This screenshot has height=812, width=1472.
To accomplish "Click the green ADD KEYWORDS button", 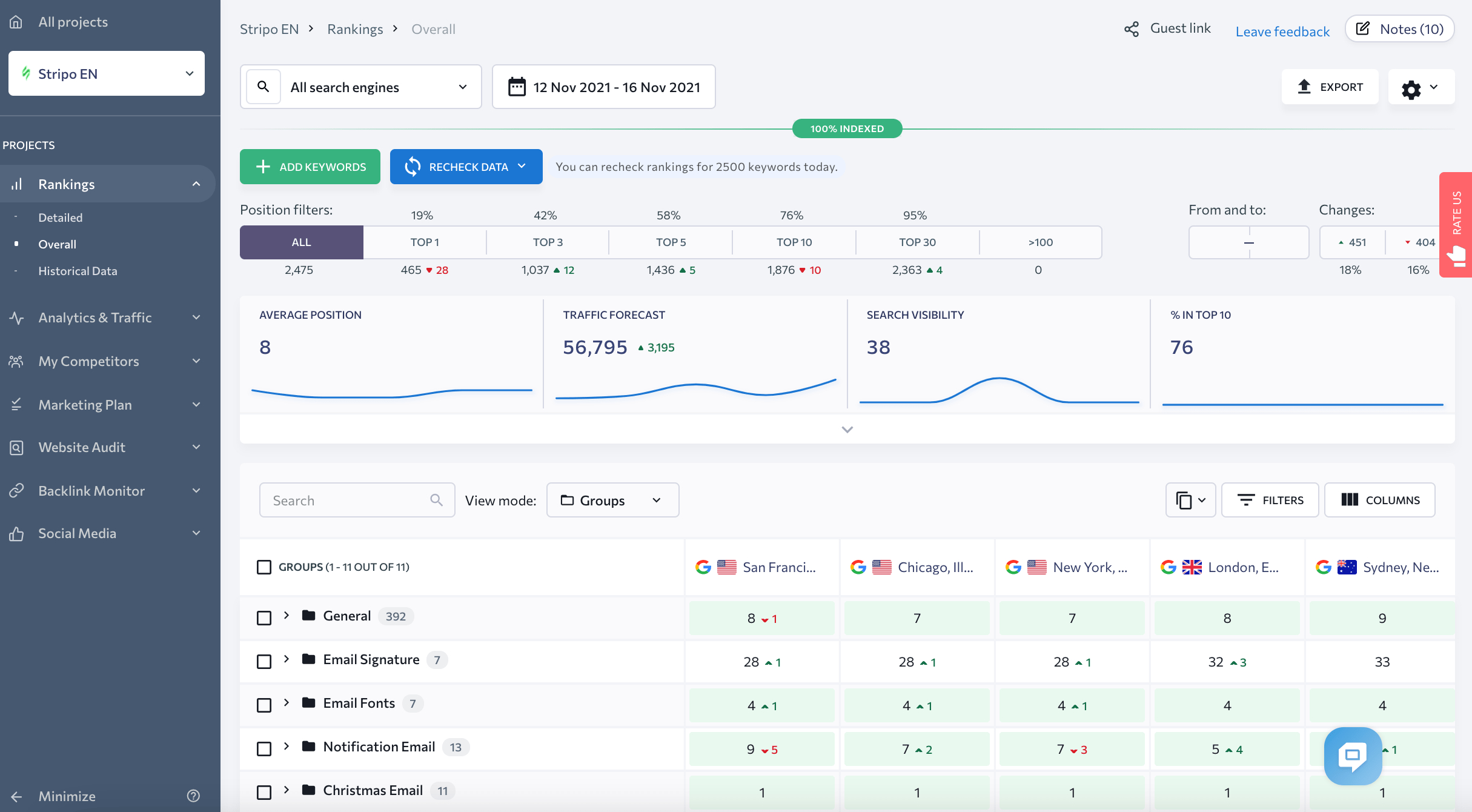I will click(310, 167).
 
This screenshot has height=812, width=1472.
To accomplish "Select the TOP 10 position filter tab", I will click(794, 242).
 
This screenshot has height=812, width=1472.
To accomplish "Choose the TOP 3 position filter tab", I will click(548, 242).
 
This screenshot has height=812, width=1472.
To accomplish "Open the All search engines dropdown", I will click(379, 87).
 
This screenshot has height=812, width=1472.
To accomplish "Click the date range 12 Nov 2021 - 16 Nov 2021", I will click(604, 87).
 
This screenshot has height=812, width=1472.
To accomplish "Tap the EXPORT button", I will click(1330, 87).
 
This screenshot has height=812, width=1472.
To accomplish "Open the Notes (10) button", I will click(1399, 29).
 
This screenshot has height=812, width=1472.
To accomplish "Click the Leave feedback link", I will click(1282, 32).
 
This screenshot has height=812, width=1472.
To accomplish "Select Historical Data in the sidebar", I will click(78, 271).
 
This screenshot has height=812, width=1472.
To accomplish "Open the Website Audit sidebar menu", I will click(82, 447).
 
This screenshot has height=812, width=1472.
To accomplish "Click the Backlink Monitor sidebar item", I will click(91, 491).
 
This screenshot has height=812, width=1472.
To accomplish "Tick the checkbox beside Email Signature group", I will click(264, 661).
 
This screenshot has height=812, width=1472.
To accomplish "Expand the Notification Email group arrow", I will click(287, 747).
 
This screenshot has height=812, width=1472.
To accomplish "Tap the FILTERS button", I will click(1270, 500).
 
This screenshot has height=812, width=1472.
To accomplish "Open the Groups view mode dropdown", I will click(612, 500).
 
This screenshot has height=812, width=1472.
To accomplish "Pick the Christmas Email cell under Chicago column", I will click(917, 792).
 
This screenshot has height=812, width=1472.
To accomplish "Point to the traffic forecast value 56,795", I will click(595, 347).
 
